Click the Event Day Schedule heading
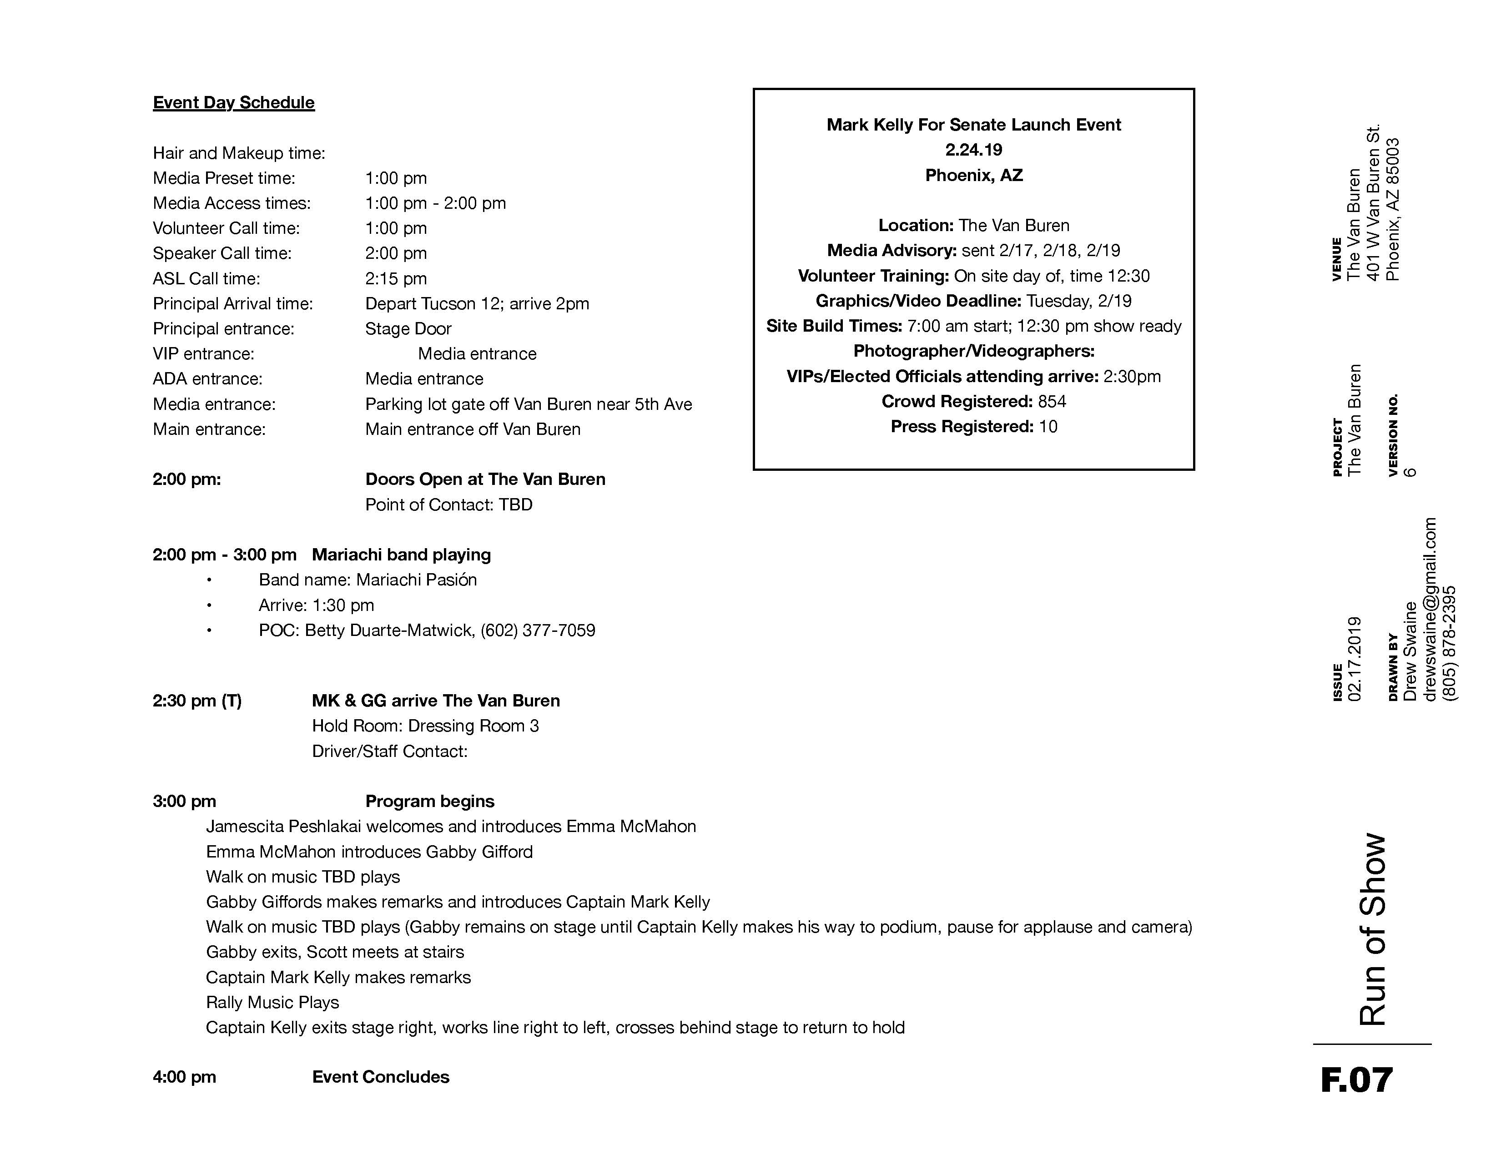coord(234,102)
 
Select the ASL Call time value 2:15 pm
coord(396,278)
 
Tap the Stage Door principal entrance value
coord(408,328)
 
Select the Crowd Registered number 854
coord(1052,401)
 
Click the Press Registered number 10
coord(1048,427)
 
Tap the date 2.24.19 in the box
coord(974,150)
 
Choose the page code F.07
coord(1357,1079)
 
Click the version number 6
coord(1410,471)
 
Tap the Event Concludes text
coord(381,1077)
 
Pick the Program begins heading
coord(429,801)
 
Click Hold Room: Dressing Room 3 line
coord(425,726)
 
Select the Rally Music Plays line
coord(273,1002)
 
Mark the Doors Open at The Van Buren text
coord(485,479)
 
